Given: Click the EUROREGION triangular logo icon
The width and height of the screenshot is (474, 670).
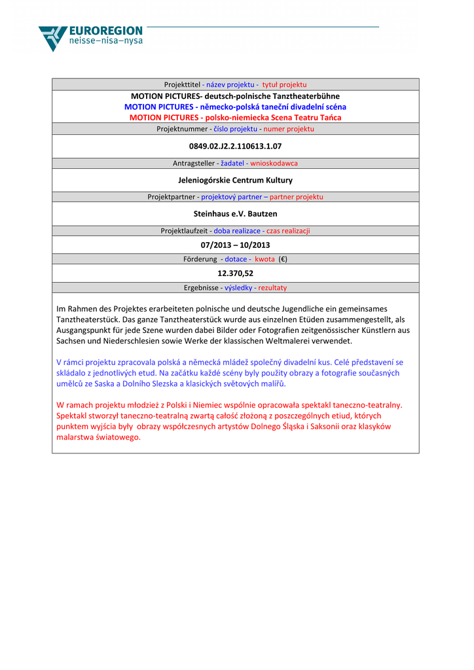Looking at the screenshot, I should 52,38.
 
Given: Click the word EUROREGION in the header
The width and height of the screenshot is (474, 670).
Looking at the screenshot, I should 105,31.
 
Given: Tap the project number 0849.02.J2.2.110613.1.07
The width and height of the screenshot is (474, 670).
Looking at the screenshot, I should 235,146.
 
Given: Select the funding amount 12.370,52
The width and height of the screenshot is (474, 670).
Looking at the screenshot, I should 235,273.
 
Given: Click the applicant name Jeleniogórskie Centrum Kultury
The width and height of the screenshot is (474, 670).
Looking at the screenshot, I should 235,180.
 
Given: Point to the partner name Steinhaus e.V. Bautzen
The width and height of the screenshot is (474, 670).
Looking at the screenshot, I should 235,213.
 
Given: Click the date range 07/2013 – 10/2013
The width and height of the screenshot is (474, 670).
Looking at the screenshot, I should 235,245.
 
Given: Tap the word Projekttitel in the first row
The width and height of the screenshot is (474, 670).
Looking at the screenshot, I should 182,84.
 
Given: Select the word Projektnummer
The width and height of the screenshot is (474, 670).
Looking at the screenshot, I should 181,129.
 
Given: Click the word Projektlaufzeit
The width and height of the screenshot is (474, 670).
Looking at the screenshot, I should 185,230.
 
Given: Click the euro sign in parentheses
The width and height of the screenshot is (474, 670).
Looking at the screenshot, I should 283,259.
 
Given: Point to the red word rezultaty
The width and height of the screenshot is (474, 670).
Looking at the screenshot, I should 272,287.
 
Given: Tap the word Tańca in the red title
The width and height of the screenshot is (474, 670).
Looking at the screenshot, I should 330,118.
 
